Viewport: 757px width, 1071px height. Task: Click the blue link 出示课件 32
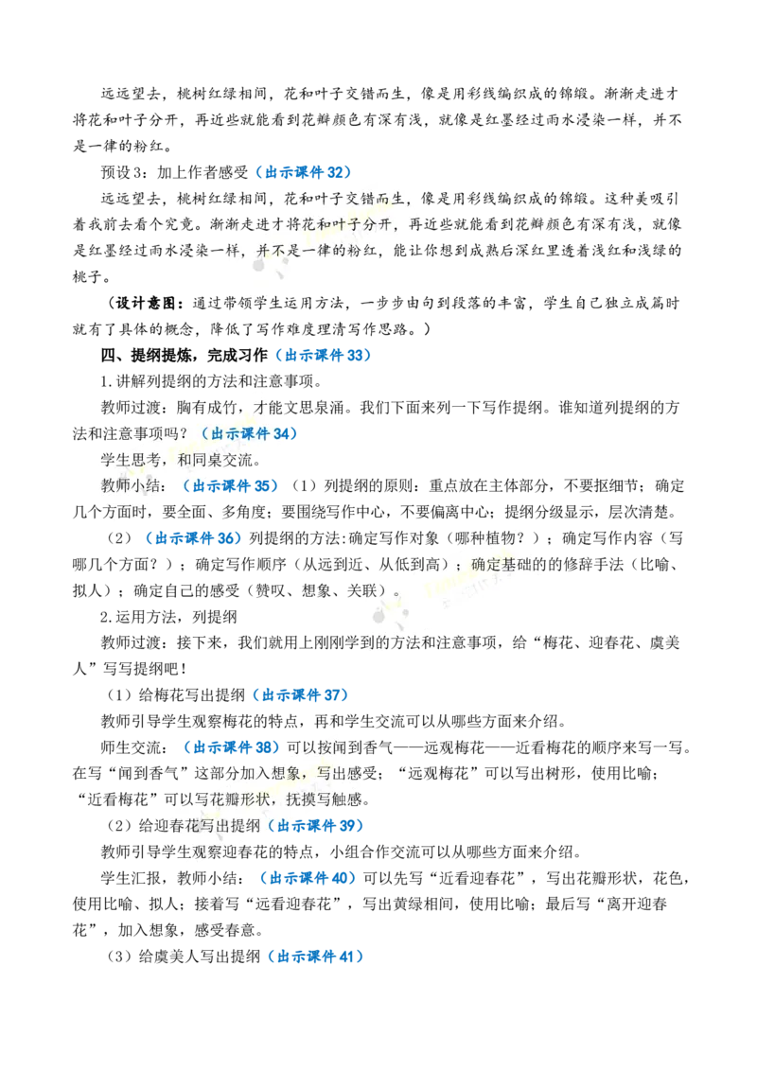(x=308, y=172)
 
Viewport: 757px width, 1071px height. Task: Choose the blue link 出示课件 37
(x=304, y=695)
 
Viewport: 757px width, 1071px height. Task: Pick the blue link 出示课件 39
(x=319, y=826)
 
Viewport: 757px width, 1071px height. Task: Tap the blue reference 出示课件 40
(x=311, y=878)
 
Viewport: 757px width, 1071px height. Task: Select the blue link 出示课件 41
(x=319, y=957)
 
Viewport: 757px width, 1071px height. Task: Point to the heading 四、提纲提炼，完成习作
(x=184, y=355)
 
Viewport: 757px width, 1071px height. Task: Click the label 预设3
(x=124, y=172)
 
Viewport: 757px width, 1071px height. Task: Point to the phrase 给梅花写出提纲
(x=192, y=695)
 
